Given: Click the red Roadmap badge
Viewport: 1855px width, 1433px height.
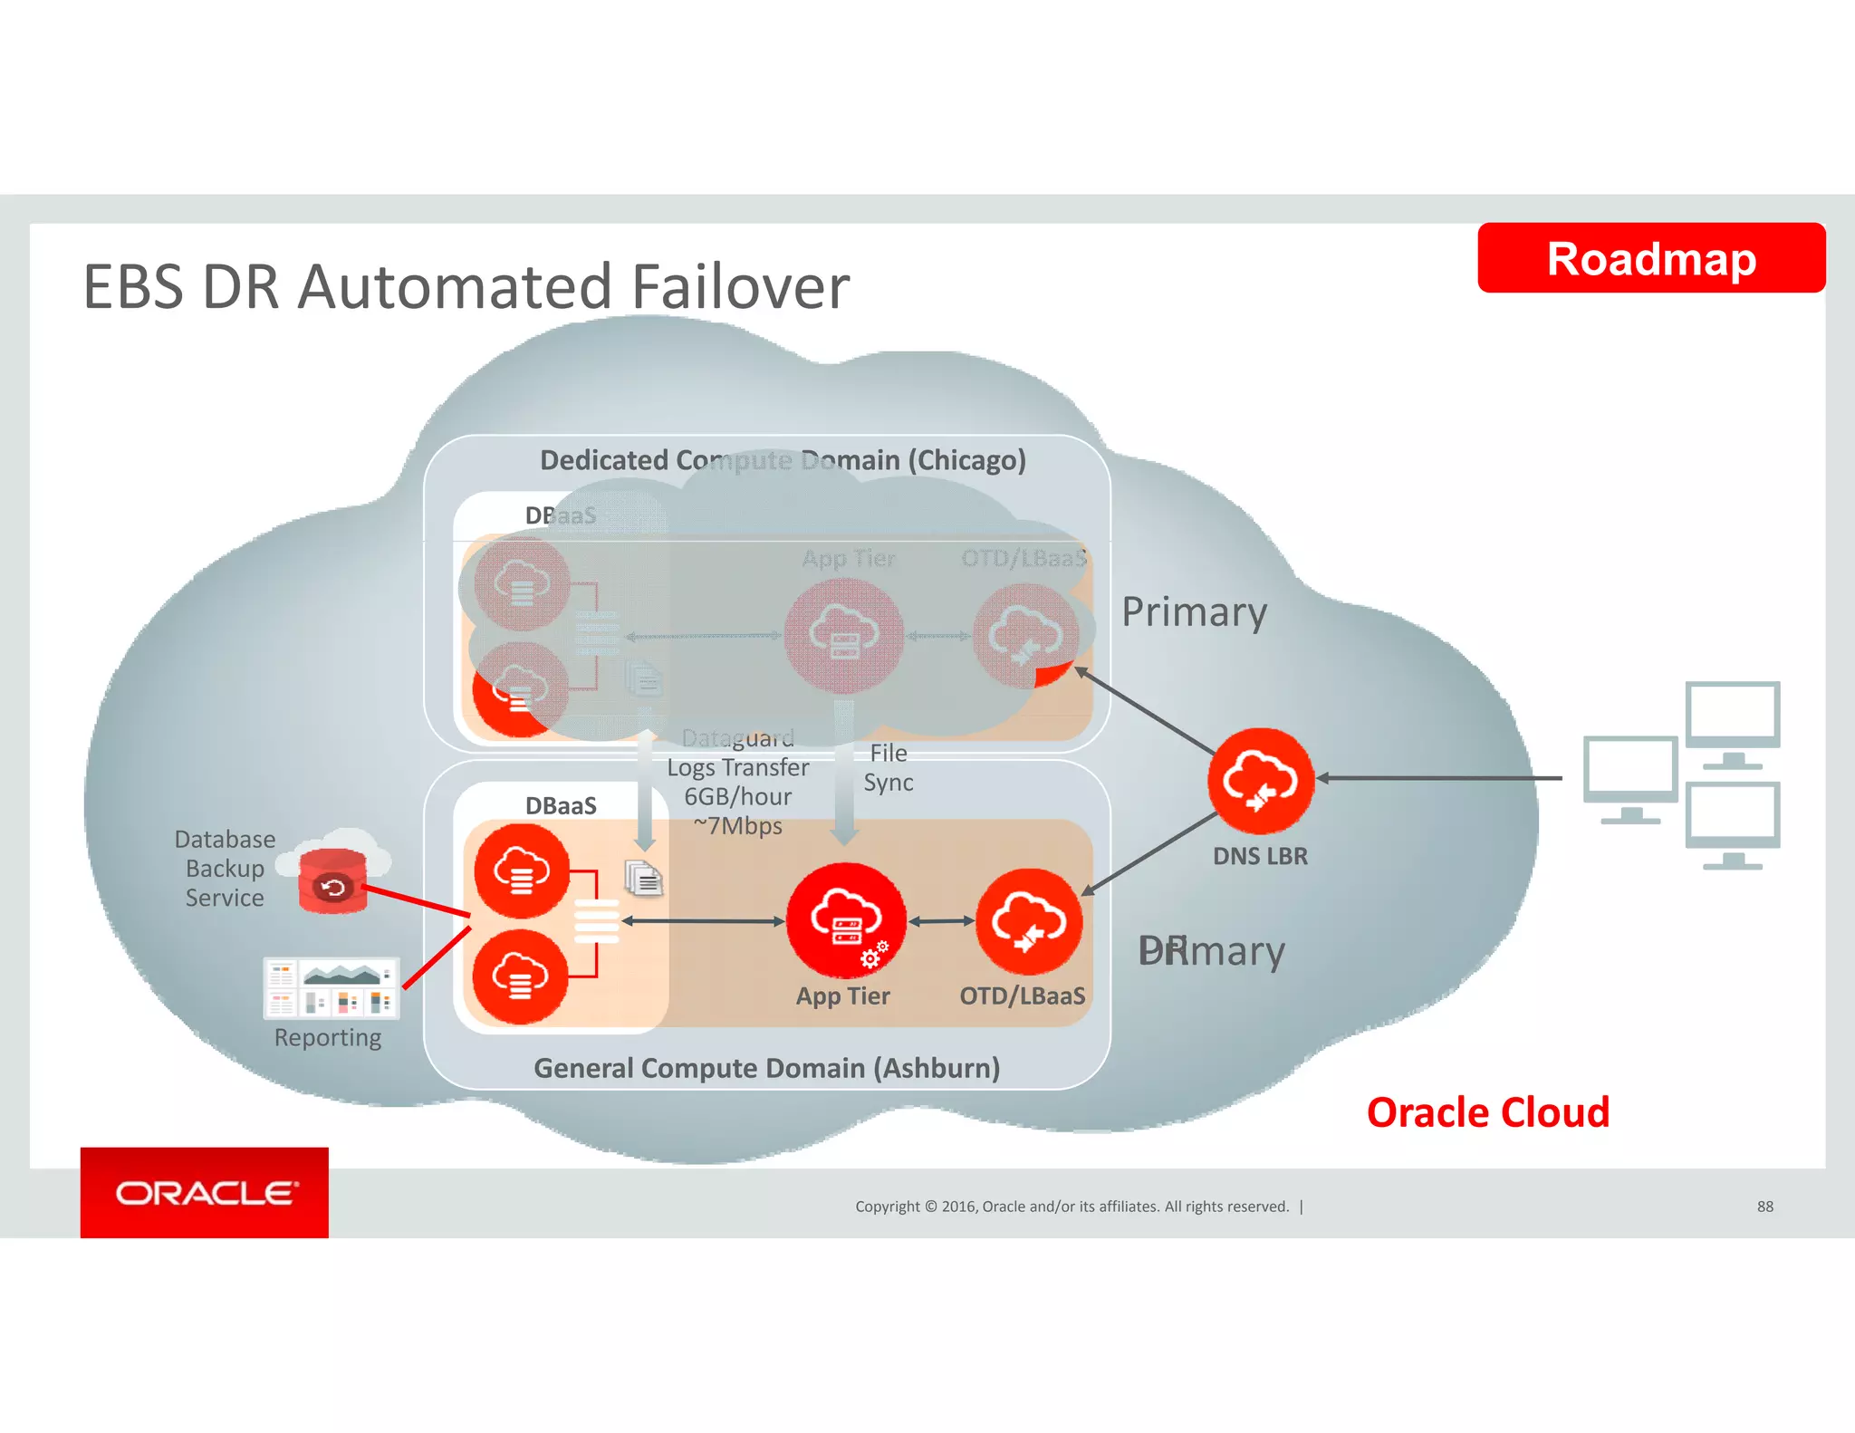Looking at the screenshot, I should tap(1650, 258).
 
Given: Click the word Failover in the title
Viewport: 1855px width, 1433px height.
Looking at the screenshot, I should tap(740, 287).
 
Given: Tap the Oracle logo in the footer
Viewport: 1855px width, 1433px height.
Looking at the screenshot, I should tap(205, 1192).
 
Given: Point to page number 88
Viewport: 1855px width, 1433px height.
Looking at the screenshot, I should tap(1764, 1207).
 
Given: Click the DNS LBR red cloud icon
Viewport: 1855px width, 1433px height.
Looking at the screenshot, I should tap(1260, 780).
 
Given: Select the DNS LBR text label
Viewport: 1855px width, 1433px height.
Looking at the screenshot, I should tap(1260, 856).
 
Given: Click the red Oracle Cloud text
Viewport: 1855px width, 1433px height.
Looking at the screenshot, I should tap(1487, 1112).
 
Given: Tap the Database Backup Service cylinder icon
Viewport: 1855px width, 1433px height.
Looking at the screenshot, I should tap(332, 880).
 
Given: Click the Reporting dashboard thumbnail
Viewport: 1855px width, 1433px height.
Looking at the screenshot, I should tap(331, 988).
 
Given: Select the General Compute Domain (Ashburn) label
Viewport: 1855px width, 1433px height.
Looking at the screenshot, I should tap(766, 1068).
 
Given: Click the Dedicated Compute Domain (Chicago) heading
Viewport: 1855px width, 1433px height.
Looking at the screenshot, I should tap(783, 460).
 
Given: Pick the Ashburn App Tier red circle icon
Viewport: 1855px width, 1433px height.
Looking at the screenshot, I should tap(845, 919).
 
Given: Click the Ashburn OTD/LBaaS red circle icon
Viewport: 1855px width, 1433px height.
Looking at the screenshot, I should tap(1028, 921).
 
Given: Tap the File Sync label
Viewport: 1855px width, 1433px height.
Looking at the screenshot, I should tap(888, 767).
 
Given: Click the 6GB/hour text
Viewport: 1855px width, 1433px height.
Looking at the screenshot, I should tap(737, 796).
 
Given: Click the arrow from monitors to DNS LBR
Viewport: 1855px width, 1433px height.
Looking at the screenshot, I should tap(1440, 777).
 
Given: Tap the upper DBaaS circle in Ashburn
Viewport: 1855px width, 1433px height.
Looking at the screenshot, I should tap(522, 870).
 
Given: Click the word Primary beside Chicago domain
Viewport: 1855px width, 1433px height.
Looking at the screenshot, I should tap(1194, 612).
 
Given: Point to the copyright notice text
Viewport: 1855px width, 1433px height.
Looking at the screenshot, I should tap(1072, 1207).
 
